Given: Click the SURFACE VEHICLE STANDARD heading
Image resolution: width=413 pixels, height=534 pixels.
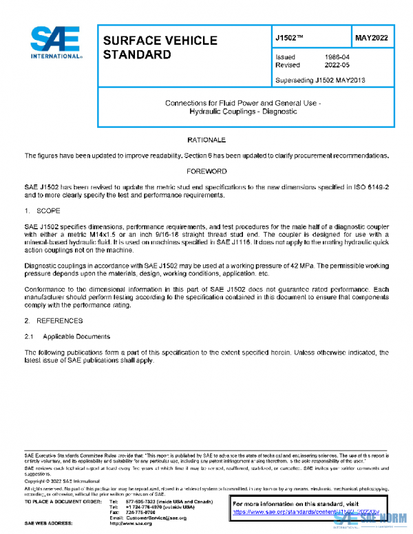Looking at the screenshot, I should point(160,47).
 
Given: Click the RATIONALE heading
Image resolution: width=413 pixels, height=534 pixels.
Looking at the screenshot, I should point(206,140).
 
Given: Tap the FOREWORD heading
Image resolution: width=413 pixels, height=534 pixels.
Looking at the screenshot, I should point(206,171).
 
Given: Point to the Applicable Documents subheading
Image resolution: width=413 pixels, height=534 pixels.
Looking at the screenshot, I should point(76,337).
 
